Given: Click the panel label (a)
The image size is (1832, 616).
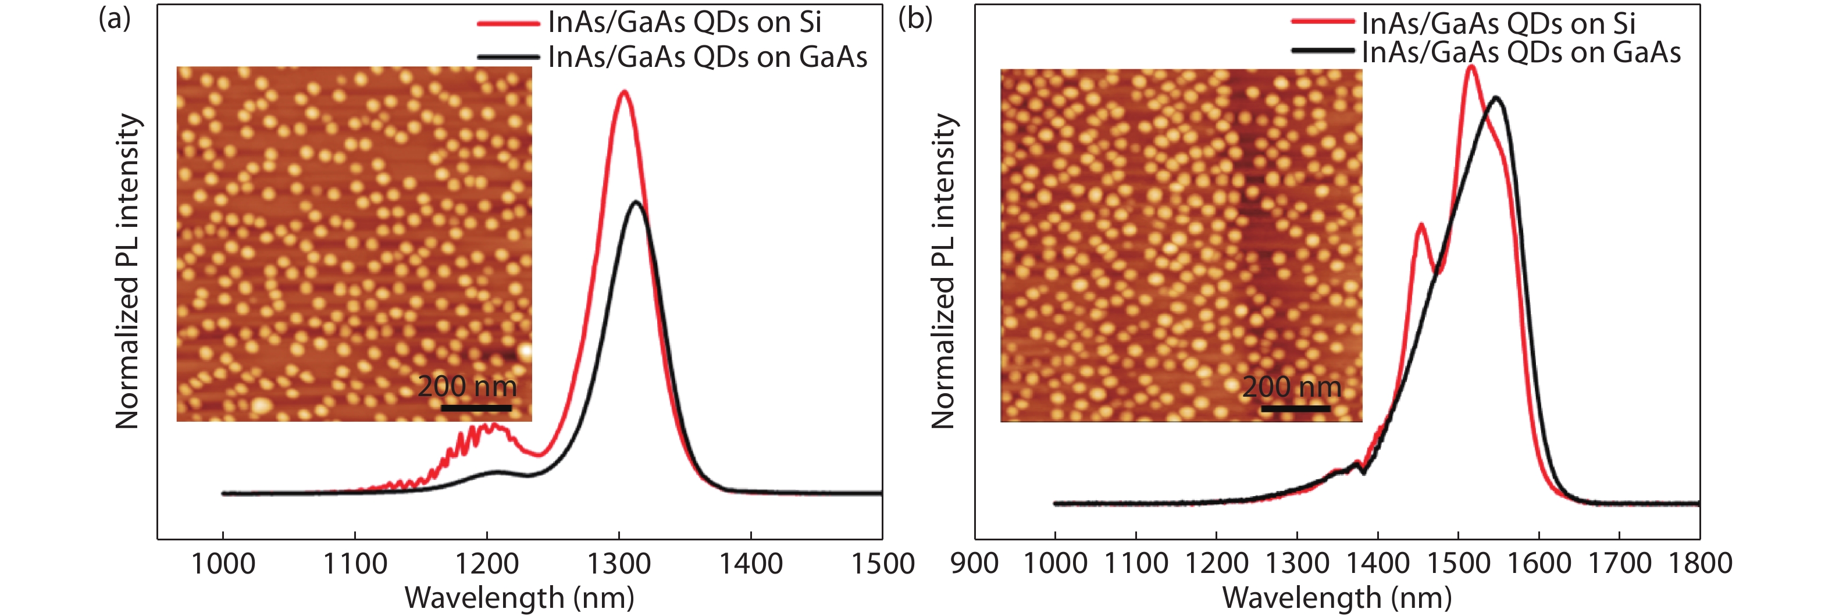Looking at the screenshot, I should (115, 19).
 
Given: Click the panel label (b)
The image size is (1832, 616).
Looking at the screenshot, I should (915, 19).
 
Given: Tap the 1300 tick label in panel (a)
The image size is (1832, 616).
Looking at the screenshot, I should (619, 564).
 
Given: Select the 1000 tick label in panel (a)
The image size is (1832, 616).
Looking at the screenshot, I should (223, 564).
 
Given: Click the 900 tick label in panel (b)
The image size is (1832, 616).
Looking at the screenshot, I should (974, 564).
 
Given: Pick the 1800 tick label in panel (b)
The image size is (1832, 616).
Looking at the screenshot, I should (1700, 564).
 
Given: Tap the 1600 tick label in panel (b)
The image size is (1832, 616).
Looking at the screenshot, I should (1538, 564).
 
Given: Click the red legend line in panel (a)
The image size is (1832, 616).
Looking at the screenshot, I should (508, 23).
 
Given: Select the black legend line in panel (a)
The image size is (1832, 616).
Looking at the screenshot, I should (508, 57).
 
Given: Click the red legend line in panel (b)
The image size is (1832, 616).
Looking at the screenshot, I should (1322, 22).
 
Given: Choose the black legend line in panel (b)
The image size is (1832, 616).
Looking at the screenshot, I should (1322, 51).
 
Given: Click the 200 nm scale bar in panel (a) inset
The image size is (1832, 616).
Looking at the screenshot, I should (476, 408).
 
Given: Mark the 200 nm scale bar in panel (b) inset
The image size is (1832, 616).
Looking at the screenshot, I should (1295, 409).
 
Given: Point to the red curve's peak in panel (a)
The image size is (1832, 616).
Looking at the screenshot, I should (623, 92).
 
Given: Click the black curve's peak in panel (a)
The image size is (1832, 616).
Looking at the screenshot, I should (636, 203).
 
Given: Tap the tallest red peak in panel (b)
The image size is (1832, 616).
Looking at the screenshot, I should (1471, 67).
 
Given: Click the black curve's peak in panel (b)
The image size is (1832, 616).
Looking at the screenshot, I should (1496, 98).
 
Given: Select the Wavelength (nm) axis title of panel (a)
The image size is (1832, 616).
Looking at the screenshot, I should (519, 598).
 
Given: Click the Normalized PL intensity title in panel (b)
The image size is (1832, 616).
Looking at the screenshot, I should (943, 270).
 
